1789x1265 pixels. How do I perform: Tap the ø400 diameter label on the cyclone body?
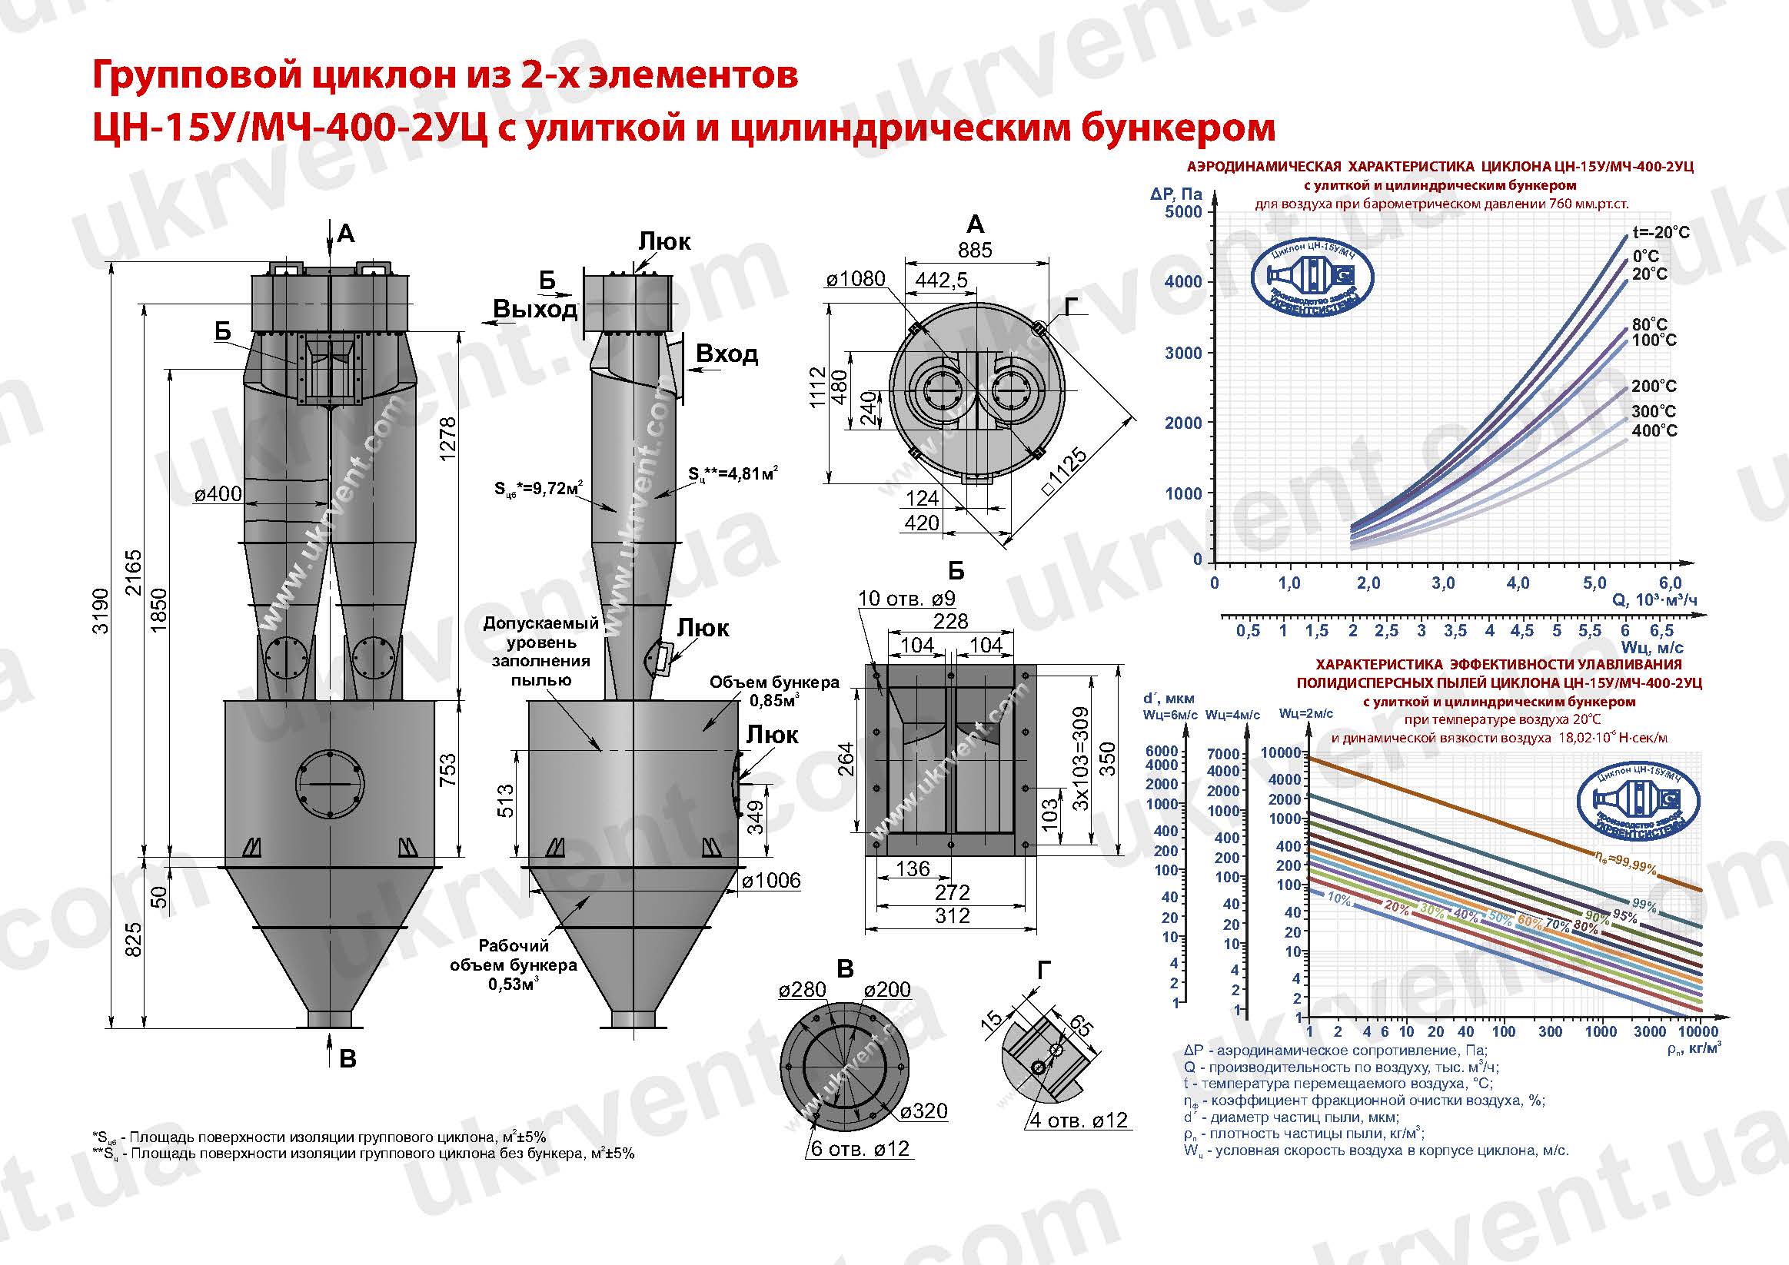click(218, 494)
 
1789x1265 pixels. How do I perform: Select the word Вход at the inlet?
click(727, 354)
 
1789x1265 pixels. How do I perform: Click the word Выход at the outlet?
click(534, 309)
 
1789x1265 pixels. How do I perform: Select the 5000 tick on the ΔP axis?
click(1182, 212)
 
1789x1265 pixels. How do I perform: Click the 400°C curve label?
click(1654, 430)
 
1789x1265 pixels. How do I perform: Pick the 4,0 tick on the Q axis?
click(1518, 583)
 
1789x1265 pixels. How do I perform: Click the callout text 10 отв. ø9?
click(906, 598)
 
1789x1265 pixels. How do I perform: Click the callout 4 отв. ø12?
click(1079, 1120)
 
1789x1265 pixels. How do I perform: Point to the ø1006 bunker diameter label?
click(770, 880)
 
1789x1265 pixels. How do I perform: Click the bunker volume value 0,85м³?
click(773, 700)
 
